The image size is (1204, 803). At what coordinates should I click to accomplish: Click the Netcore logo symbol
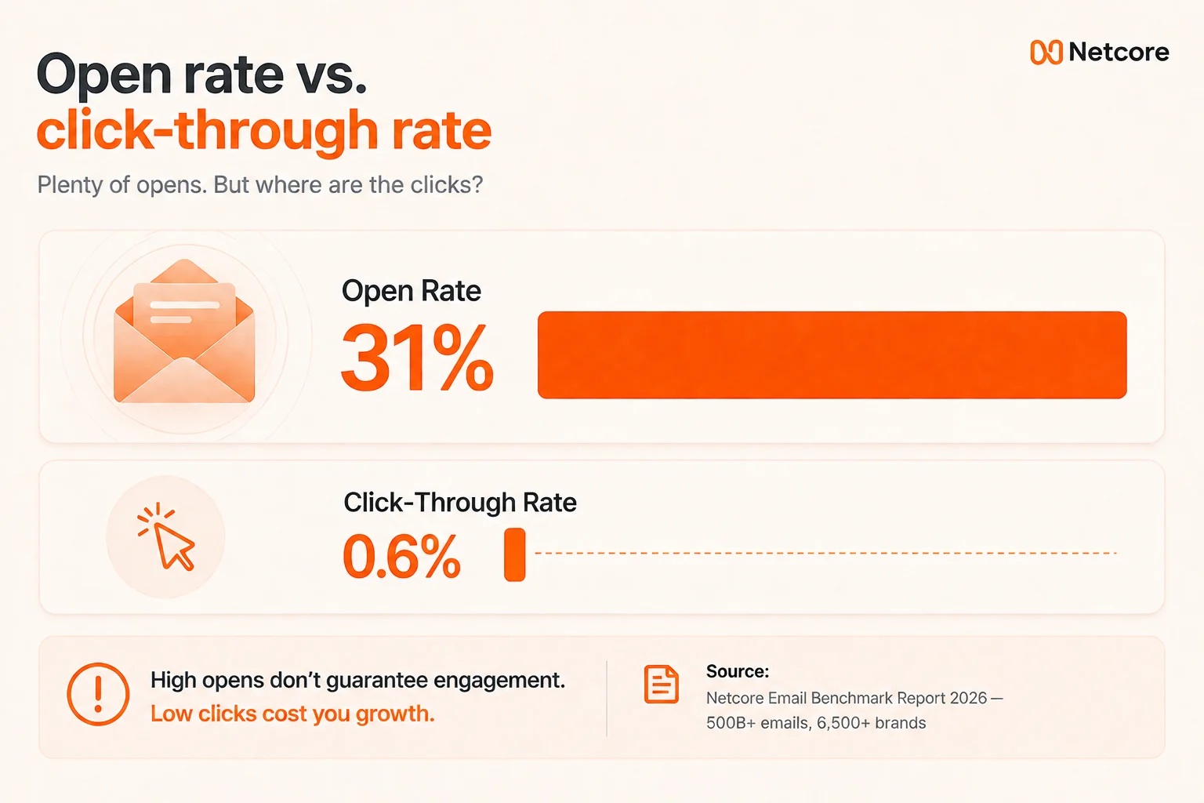click(x=1046, y=53)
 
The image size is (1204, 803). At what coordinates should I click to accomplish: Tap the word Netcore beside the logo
click(x=1119, y=53)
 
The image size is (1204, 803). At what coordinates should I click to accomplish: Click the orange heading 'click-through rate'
click(x=264, y=131)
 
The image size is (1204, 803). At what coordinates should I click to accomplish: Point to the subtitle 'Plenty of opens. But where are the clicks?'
click(x=260, y=184)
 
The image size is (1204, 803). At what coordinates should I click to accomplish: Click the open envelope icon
click(x=184, y=331)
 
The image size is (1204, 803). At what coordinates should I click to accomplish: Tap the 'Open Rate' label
click(x=412, y=291)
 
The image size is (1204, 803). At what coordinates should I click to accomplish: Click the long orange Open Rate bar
click(x=832, y=355)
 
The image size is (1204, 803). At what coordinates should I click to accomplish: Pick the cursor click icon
click(x=166, y=536)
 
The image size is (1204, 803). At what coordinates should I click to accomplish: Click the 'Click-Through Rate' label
click(x=460, y=503)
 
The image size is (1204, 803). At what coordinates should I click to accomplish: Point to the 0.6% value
click(x=401, y=556)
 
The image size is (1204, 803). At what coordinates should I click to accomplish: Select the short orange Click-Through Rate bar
click(x=514, y=554)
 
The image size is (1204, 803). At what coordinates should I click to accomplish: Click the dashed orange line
click(x=826, y=553)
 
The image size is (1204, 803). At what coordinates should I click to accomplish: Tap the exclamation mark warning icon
click(x=98, y=694)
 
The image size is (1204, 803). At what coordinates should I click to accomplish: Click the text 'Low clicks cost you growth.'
click(x=292, y=714)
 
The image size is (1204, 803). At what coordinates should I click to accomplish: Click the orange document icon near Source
click(x=661, y=685)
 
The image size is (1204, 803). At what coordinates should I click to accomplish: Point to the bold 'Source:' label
click(x=738, y=671)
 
